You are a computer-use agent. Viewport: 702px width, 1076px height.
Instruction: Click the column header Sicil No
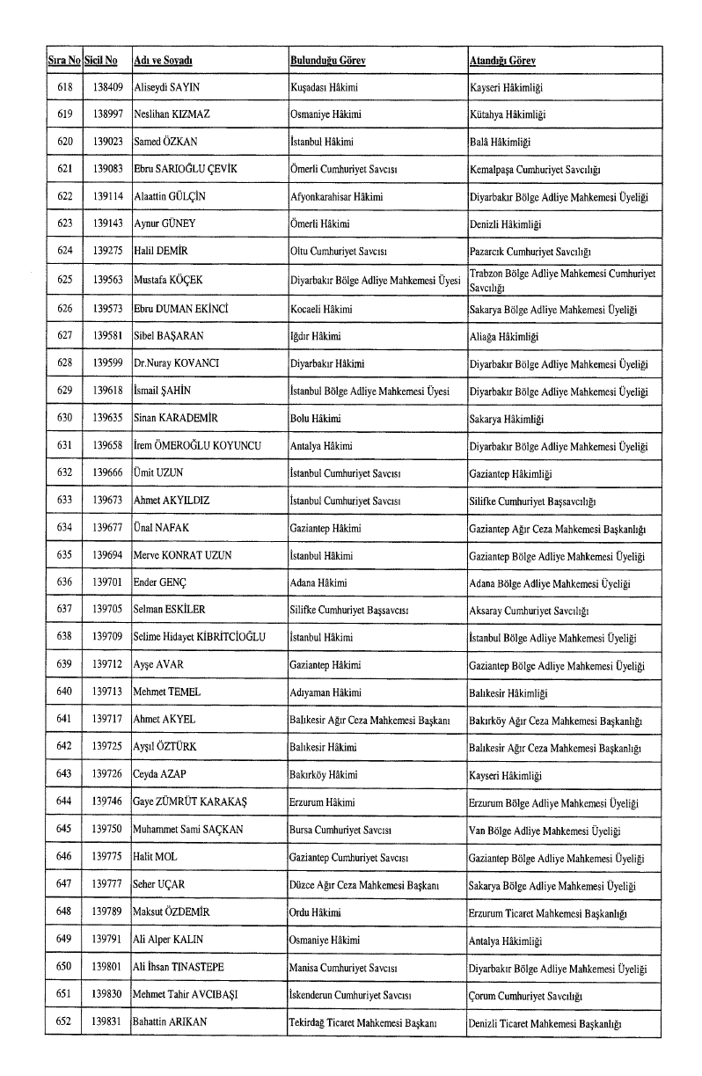(100, 61)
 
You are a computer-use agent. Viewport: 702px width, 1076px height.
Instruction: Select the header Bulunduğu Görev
(327, 61)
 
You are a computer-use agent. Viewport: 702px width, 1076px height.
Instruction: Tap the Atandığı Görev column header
(502, 61)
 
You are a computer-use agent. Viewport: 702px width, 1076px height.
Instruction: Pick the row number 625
(63, 281)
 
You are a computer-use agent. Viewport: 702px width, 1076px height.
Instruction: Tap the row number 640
(63, 692)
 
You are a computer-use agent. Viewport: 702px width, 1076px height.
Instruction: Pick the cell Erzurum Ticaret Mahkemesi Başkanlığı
(547, 912)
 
